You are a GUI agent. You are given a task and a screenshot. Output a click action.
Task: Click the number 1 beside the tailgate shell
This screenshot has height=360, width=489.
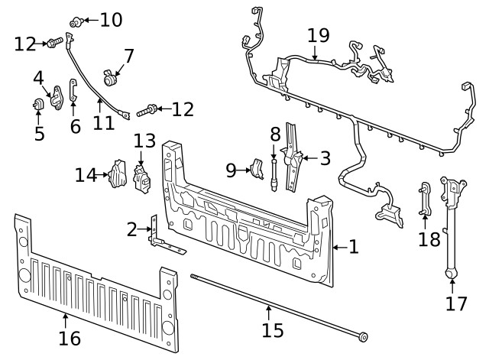coord(353,246)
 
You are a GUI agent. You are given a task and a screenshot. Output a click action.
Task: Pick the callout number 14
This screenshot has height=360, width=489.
coord(86,175)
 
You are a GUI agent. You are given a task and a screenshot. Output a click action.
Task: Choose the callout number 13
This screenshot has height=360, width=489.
coord(144,141)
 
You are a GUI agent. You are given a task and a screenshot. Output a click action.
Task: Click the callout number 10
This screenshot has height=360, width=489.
coord(110,19)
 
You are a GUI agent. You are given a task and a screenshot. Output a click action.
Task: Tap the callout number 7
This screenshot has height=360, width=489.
coord(128,56)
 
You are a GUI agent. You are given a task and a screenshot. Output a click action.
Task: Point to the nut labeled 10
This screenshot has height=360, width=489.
coord(75,21)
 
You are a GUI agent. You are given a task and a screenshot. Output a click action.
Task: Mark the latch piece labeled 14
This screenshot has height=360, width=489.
coord(117,175)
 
